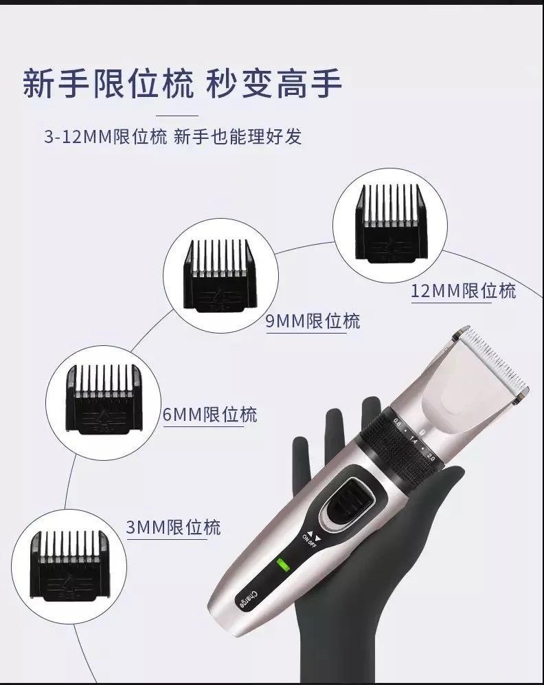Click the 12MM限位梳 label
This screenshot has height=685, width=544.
pos(464,291)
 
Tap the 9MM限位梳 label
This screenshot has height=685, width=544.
pos(313,321)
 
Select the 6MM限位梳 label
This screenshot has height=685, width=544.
pos(209,414)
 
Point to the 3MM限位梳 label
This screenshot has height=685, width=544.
pos(173,528)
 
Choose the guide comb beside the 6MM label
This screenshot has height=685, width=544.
pos(104,399)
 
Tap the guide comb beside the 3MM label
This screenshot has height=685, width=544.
pos(69,566)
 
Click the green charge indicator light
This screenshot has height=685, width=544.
pos(284,565)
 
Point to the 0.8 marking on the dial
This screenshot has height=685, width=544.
pos(397,422)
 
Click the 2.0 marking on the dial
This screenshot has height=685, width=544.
pos(431,457)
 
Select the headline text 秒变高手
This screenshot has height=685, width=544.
pos(274,83)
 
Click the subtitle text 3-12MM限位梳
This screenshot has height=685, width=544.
pos(105,137)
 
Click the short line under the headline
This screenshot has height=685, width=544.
pos(177,116)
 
